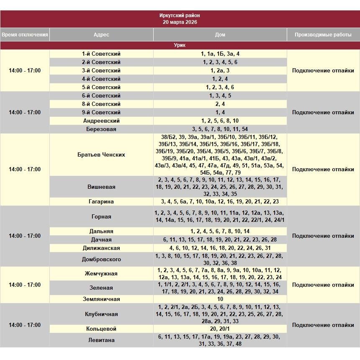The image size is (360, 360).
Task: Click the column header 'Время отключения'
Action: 25,35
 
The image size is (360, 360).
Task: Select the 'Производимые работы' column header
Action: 323,35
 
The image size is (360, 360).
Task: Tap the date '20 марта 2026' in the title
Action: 180,22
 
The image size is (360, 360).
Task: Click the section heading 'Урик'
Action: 180,45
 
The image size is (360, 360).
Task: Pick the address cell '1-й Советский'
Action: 101,54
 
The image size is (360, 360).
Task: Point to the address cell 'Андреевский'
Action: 101,121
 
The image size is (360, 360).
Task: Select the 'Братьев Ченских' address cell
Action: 101,155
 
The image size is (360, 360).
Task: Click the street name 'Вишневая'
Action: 101,187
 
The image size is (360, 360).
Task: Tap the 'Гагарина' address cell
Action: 101,202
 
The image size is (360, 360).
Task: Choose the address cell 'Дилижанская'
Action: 101,248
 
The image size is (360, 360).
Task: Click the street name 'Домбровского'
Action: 101,260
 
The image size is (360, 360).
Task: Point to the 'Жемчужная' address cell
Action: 101,274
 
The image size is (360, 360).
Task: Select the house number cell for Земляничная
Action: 220,299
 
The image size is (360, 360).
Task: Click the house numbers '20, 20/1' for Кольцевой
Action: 220,329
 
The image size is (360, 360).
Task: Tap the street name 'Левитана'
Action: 101,340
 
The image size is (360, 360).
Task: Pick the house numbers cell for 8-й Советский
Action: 220,104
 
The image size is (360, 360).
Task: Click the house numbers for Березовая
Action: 220,129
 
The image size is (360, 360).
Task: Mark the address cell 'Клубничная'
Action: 101,314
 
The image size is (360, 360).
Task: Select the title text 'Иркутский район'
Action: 180,15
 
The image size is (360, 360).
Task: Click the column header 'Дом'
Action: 220,35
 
